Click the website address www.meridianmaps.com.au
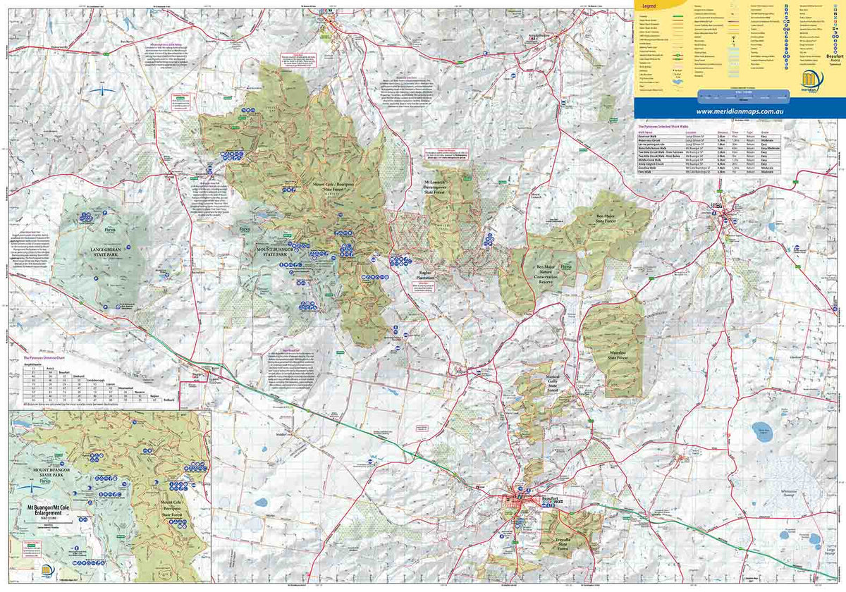pyautogui.click(x=740, y=111)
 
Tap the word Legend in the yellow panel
pyautogui.click(x=649, y=6)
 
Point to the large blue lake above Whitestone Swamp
pyautogui.click(x=761, y=430)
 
